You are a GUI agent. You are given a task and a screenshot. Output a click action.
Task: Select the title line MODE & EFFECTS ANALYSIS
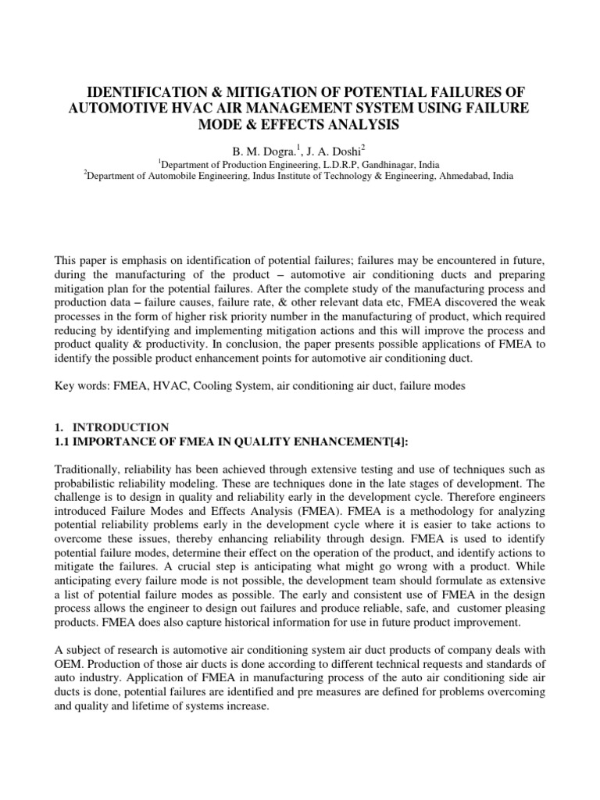[x=300, y=124]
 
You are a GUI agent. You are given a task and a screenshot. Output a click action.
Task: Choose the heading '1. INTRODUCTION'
[x=112, y=427]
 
